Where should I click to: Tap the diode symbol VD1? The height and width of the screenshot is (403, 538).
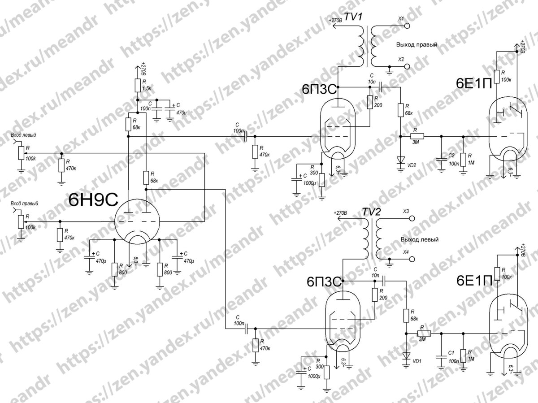click(406, 356)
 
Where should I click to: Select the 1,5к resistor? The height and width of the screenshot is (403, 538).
click(137, 86)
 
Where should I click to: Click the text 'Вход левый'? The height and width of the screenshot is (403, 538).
click(23, 134)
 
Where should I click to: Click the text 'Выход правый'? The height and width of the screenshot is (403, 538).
click(416, 45)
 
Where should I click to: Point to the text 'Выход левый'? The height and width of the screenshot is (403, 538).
click(420, 239)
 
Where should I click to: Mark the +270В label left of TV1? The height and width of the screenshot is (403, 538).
click(335, 21)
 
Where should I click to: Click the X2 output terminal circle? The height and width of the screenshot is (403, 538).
click(408, 67)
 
